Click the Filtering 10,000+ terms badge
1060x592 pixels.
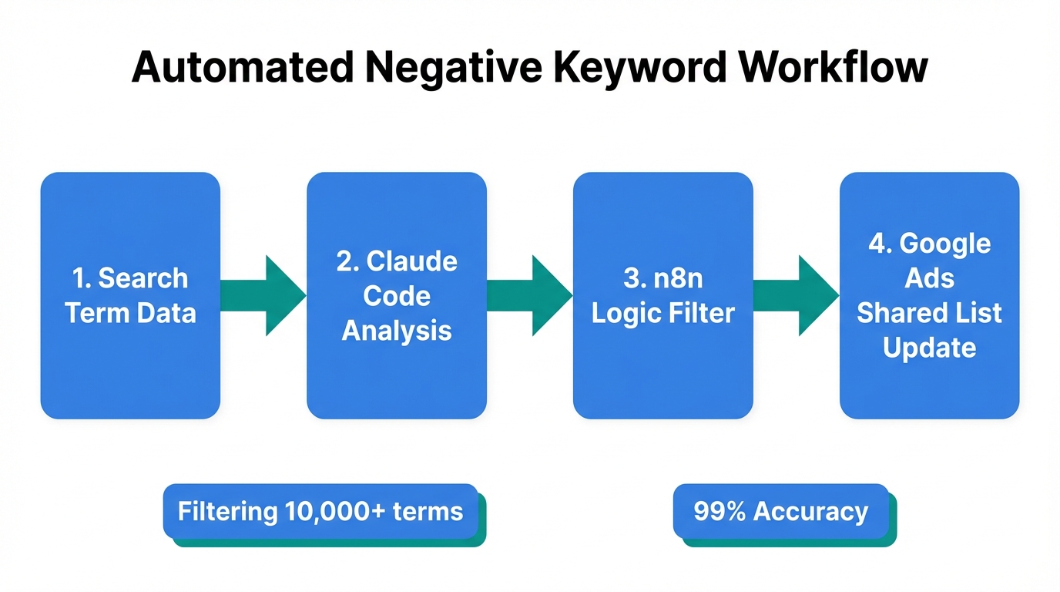pyautogui.click(x=320, y=511)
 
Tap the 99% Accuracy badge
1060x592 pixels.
pyautogui.click(x=780, y=511)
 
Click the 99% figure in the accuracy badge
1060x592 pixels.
pyautogui.click(x=720, y=511)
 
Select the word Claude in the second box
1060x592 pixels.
pyautogui.click(x=411, y=261)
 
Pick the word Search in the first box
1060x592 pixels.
pyautogui.click(x=143, y=278)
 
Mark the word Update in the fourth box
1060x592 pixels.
pyautogui.click(x=930, y=348)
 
